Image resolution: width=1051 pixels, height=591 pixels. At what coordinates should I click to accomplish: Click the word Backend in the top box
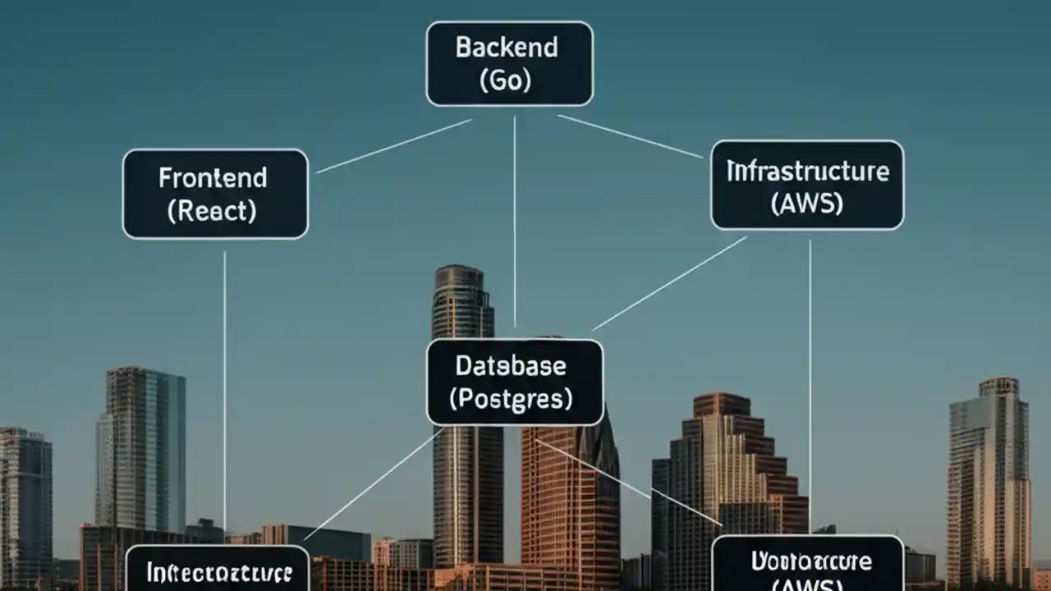[507, 48]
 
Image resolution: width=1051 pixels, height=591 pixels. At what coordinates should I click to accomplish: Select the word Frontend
[213, 178]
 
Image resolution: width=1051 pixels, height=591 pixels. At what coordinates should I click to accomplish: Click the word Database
[510, 365]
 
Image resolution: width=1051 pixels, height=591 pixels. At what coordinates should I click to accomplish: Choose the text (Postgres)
[511, 399]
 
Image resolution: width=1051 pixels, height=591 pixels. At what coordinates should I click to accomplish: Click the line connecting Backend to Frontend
[394, 146]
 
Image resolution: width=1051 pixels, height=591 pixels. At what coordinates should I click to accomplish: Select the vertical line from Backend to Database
[515, 222]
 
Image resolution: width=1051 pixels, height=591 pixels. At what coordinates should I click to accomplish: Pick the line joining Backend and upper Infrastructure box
[630, 135]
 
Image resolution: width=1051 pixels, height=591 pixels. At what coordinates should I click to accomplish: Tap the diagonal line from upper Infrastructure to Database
[669, 283]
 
